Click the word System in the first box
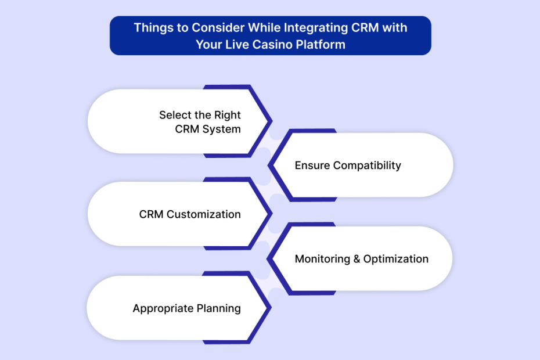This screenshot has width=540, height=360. point(221,129)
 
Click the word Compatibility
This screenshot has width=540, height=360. point(367,165)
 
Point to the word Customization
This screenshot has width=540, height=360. point(204,214)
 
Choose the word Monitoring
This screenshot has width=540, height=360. point(322,259)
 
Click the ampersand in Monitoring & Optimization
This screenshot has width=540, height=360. point(357,259)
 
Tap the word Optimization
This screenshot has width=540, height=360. point(396,259)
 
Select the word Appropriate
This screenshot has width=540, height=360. point(163,309)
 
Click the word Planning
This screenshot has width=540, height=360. point(218,309)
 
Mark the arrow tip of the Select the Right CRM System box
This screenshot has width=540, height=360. point(272,121)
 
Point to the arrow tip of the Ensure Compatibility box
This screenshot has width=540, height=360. point(268,165)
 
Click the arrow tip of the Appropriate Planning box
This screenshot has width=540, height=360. point(271,307)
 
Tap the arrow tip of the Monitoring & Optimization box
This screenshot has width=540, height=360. point(267,259)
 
